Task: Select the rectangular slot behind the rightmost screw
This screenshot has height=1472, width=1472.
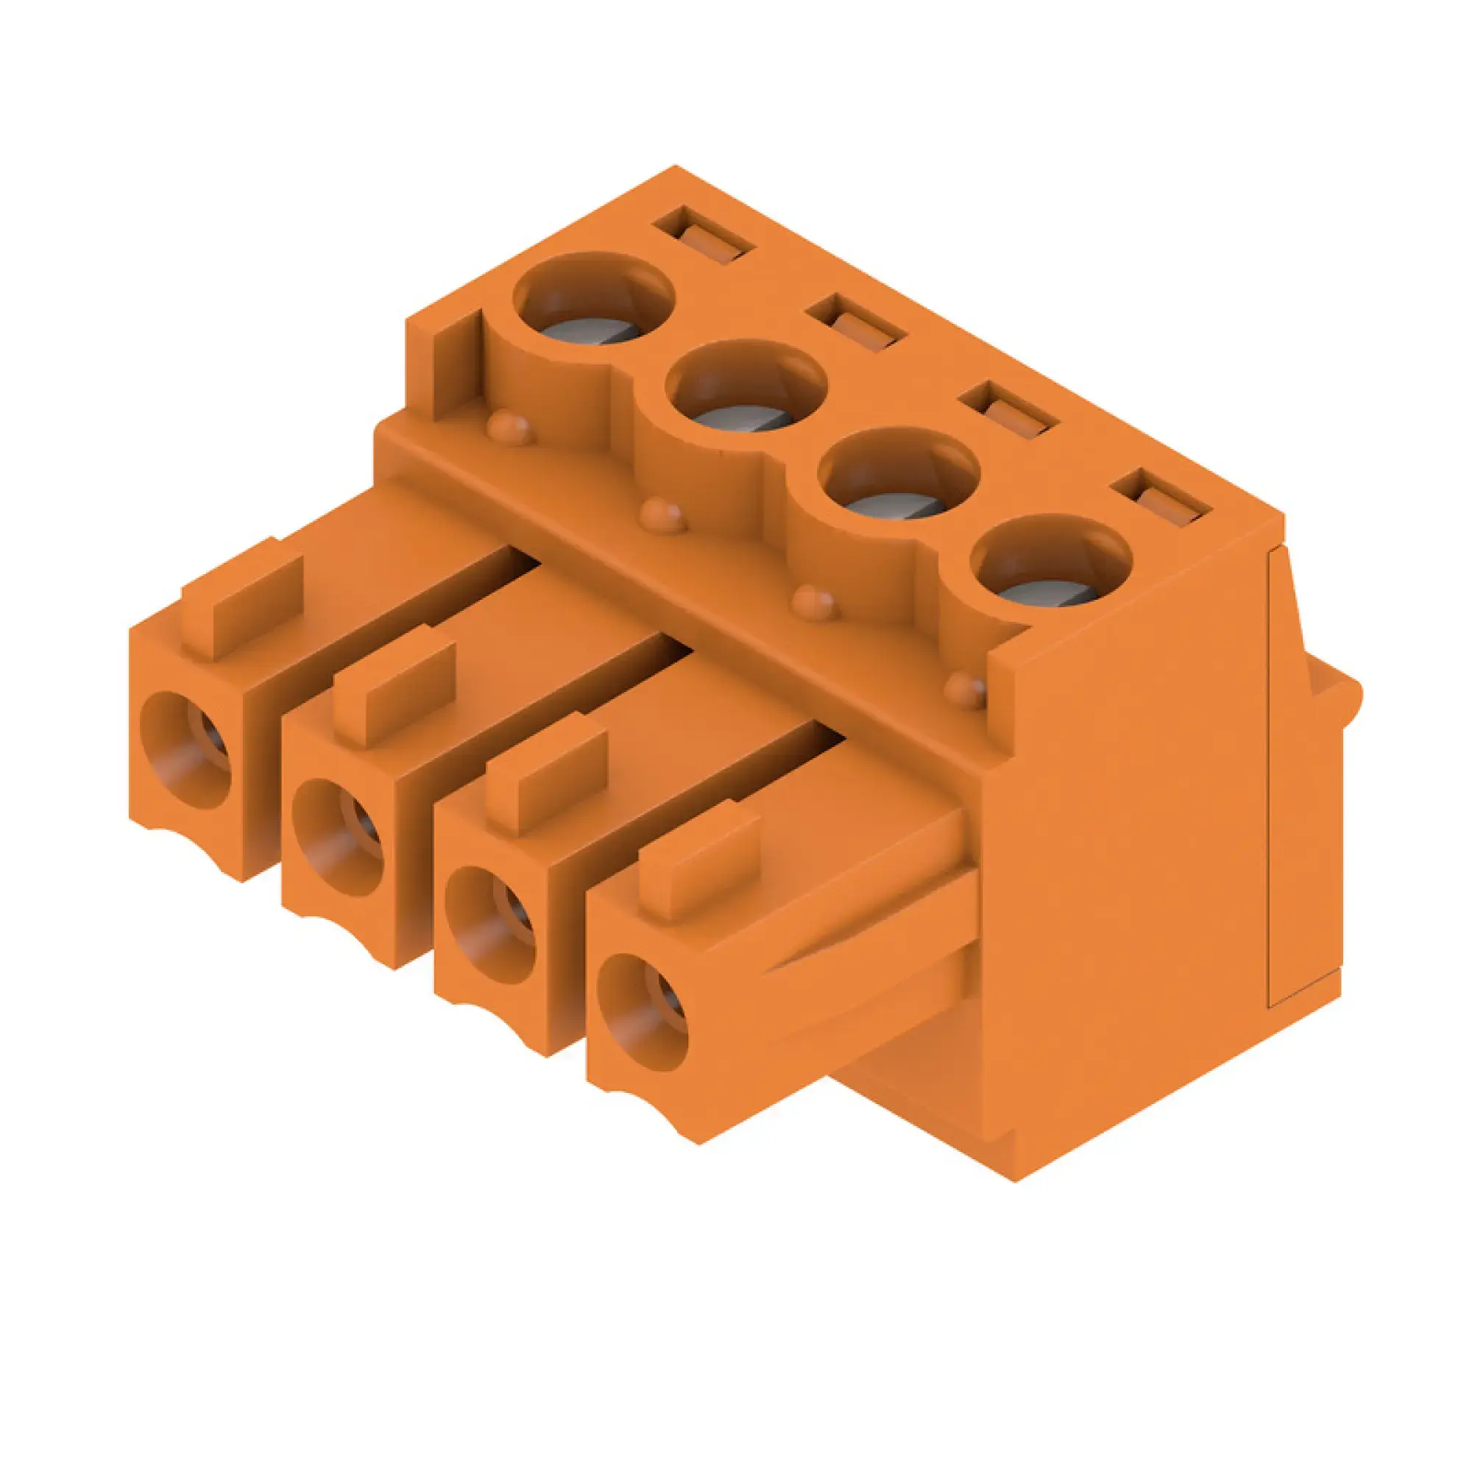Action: click(x=1161, y=500)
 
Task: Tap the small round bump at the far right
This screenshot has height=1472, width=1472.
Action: click(x=966, y=689)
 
